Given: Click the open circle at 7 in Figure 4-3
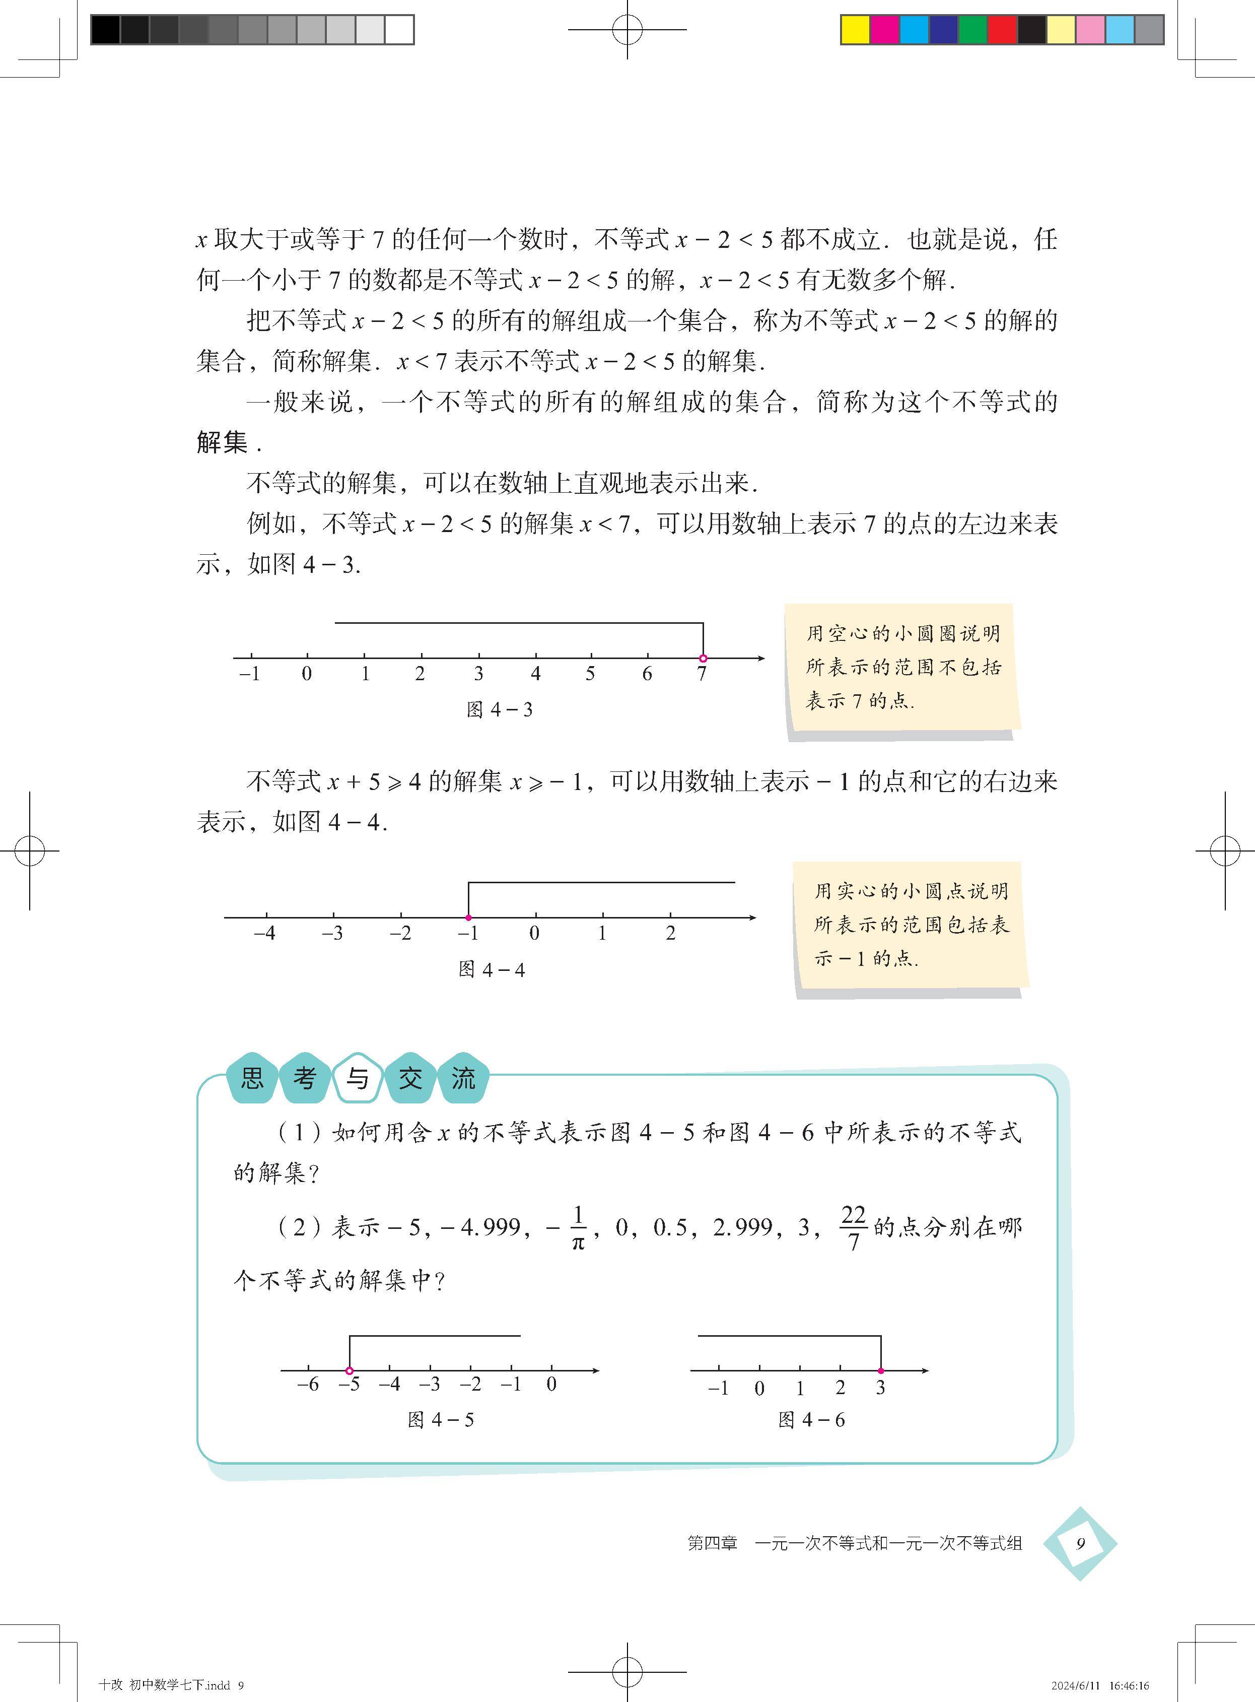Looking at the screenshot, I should (703, 658).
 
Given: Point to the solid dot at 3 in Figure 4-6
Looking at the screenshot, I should (880, 1370).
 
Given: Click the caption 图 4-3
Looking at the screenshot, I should (499, 710).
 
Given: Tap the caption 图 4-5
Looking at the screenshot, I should (441, 1420).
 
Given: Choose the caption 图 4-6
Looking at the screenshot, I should (811, 1420).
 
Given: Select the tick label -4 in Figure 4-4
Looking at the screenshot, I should (264, 933).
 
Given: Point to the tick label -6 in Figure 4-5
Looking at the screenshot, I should (308, 1385).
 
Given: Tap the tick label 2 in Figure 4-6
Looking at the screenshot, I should (840, 1388).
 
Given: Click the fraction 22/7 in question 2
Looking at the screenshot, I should (853, 1228).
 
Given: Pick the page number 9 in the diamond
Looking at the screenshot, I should (1080, 1543).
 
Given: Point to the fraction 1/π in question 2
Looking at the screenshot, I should (577, 1228).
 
